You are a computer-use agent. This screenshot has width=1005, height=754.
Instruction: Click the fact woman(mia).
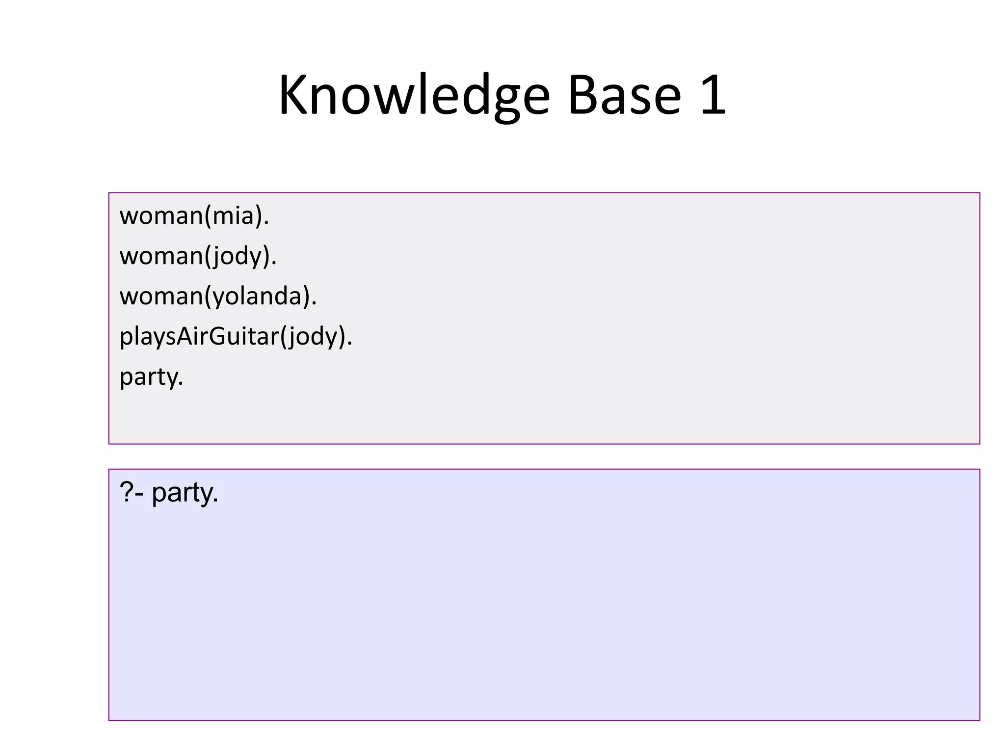194,216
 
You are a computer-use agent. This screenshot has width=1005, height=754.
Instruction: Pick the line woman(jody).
198,256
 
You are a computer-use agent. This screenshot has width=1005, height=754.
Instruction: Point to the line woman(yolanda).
218,296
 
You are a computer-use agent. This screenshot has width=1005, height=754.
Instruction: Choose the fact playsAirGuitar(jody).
236,337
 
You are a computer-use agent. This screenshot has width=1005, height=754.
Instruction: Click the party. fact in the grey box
151,377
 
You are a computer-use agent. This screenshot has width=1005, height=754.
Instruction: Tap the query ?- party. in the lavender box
169,492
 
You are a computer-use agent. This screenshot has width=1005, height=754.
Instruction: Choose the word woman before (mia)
161,216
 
